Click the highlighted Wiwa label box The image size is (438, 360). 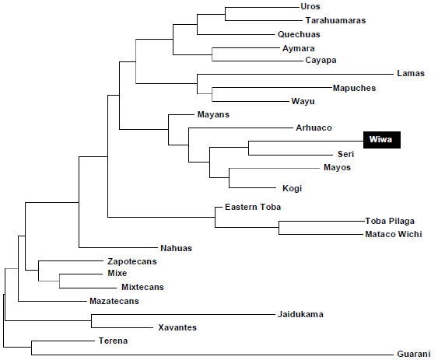coord(381,140)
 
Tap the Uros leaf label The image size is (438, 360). coord(310,6)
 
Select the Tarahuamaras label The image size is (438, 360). coord(335,20)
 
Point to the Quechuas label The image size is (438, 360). coord(299,34)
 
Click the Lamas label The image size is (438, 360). coord(411,73)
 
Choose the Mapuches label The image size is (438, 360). coord(354,88)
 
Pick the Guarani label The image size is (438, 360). coord(414,354)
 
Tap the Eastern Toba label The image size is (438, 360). coord(253,207)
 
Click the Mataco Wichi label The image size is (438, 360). coord(394,234)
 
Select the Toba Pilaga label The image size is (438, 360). coord(390,221)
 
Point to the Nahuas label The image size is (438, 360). coord(177,248)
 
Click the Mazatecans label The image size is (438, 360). coord(114,301)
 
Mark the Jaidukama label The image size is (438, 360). coord(300,314)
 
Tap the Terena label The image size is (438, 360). coord(113,341)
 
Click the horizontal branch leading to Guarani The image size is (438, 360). coord(212,355)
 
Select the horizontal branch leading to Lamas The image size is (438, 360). coord(296,75)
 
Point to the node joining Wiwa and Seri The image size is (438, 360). coord(249,148)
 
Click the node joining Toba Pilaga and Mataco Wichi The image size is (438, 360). coord(279,228)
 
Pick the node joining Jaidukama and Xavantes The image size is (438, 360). coord(91,321)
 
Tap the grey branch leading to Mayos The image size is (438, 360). coord(275,169)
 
